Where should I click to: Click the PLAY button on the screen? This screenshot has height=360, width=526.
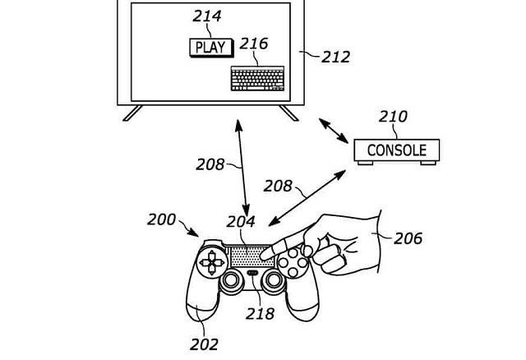[x=211, y=48]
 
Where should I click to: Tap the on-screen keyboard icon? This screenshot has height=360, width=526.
[x=257, y=79]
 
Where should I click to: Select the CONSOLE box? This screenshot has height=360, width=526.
[x=397, y=150]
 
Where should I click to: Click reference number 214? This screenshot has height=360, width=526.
[x=207, y=16]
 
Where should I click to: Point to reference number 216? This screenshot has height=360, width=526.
[x=254, y=44]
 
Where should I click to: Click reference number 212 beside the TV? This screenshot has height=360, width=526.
[x=336, y=57]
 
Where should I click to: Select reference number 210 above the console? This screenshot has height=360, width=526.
[x=393, y=117]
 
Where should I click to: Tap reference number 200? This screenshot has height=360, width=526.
[x=161, y=219]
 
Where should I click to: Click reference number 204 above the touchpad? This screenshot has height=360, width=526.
[x=241, y=222]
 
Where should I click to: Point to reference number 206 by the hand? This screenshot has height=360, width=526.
[x=408, y=238]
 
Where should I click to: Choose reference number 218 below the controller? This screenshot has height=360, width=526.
[x=260, y=314]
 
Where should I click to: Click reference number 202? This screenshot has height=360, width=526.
[x=204, y=344]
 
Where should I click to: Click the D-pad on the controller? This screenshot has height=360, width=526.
[x=212, y=262]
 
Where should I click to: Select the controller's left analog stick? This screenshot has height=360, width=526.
[x=231, y=279]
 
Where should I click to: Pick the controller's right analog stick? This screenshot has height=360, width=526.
[x=274, y=279]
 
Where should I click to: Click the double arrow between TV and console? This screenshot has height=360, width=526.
[x=333, y=131]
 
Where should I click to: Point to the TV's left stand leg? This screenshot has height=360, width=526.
[x=132, y=113]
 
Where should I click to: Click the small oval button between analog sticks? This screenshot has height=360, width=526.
[x=252, y=273]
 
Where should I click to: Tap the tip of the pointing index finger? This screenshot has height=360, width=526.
[x=263, y=257]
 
